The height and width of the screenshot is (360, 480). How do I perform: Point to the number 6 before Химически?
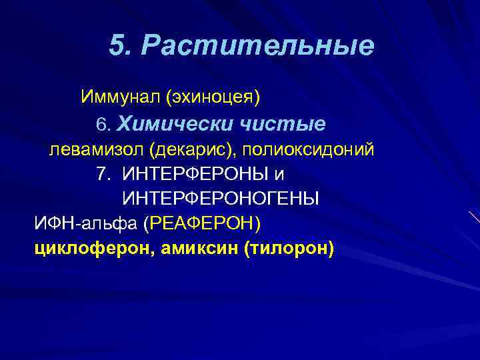coord(102,125)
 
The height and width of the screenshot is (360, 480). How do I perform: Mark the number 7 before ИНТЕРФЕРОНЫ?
coord(102,175)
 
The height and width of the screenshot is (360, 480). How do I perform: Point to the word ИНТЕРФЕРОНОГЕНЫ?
coord(221,199)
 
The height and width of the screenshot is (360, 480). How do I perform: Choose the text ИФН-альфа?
coord(85,223)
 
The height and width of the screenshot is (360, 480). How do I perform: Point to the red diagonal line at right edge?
coord(474,218)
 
